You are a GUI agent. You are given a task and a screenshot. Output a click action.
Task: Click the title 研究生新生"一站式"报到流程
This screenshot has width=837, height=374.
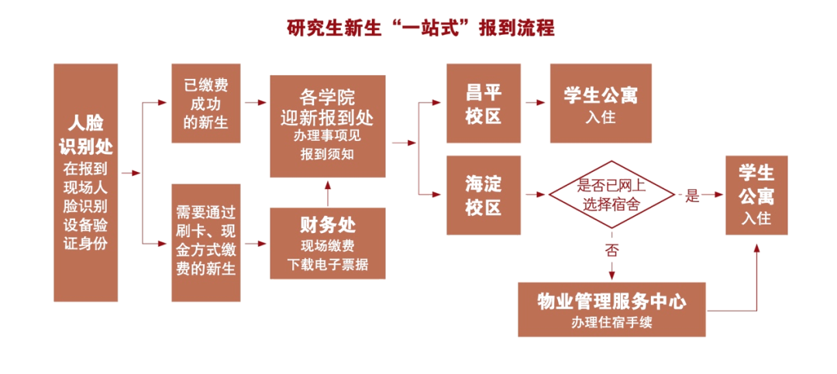coord(419,29)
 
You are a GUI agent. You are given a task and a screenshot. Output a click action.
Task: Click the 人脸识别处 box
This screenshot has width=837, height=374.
coord(85,182)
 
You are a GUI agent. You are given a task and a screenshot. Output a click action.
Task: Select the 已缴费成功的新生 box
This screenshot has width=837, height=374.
coord(205,103)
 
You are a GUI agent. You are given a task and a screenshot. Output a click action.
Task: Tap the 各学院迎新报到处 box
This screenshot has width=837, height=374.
coord(327,125)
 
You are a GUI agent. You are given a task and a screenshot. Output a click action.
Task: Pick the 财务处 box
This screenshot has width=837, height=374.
coord(327,242)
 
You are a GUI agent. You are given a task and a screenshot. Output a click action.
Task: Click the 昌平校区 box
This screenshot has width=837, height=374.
coord(484,103)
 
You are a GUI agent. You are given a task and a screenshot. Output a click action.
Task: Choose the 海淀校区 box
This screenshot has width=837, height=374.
coord(484,194)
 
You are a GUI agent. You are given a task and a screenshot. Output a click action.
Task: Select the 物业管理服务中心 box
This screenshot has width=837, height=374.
coord(611,308)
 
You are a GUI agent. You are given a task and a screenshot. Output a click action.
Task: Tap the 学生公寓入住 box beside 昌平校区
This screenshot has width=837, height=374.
coord(601,103)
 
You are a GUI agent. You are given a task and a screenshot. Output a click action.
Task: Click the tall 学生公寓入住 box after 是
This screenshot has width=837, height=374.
coord(756,194)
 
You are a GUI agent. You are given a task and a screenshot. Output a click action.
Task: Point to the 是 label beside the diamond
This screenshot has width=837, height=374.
coord(692,195)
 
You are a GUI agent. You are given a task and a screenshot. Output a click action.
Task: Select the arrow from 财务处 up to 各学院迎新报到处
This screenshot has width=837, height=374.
coord(327,192)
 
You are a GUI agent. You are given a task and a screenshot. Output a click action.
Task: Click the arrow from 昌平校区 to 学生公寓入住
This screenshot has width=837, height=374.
coord(535,103)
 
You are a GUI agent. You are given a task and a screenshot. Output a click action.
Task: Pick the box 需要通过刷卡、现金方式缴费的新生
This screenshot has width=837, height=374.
coord(205,241)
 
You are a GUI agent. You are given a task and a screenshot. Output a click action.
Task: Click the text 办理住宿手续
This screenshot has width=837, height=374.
coord(611,322)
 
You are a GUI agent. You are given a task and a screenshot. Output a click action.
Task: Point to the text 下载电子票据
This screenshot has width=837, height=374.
coord(327,266)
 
